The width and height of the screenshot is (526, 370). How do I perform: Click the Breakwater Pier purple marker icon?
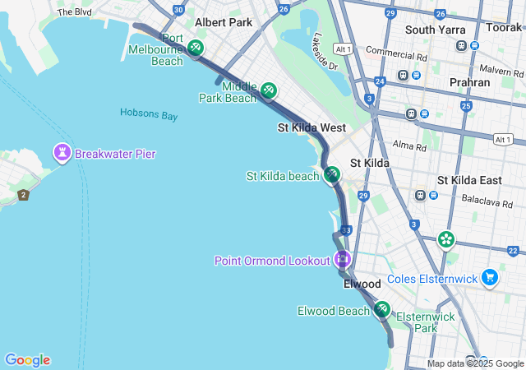[62, 153]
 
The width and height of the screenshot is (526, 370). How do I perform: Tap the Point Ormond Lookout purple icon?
[344, 260]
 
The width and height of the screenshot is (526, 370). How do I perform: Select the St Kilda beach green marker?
[331, 175]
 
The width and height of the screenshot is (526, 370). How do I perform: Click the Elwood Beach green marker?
[381, 310]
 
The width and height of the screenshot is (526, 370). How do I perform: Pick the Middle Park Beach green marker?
[269, 90]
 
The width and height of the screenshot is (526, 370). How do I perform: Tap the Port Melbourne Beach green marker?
[196, 48]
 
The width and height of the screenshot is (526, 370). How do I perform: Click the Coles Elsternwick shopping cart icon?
[491, 278]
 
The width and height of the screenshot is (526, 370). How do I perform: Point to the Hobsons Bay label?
[149, 115]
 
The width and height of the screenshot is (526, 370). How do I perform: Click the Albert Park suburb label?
[224, 22]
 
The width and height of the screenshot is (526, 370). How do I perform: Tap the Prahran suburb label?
[470, 82]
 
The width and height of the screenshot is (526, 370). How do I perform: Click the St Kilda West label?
[311, 128]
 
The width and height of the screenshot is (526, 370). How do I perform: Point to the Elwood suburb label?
[362, 284]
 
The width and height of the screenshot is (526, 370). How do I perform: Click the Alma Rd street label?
[409, 147]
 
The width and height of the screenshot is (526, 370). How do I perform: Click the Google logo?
[27, 359]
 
